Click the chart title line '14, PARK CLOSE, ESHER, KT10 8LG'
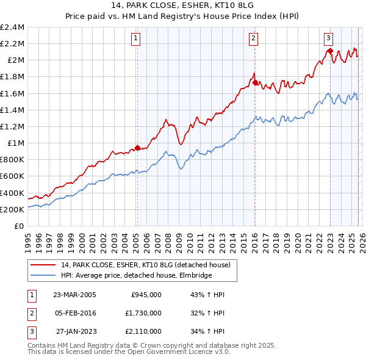182,6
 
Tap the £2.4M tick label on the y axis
12,27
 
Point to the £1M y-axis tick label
16,143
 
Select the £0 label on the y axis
20,226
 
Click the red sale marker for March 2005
137,148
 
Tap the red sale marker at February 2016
254,82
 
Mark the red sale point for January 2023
330,51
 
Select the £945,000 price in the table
146,295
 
